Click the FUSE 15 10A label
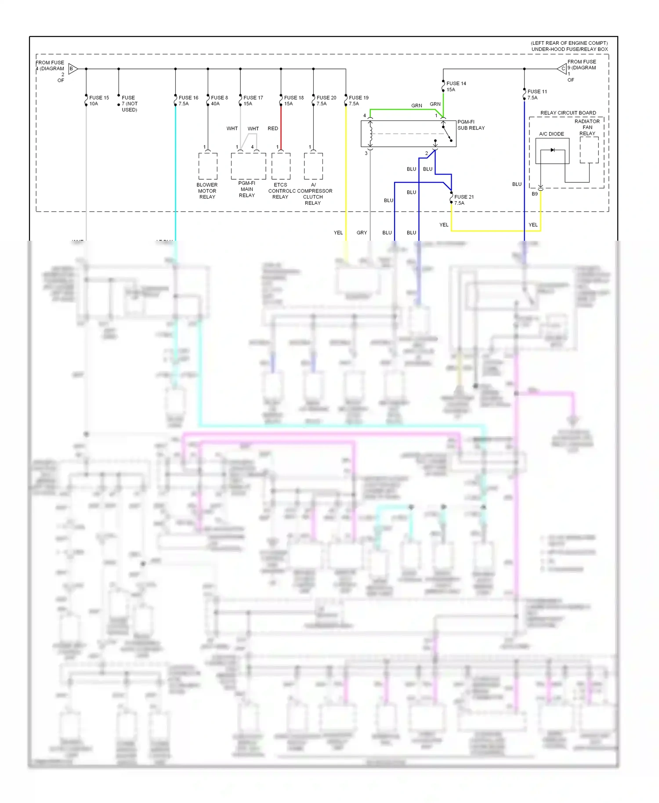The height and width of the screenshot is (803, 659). [x=99, y=101]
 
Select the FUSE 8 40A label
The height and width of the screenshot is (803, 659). [x=219, y=101]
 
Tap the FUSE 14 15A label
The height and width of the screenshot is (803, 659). [x=456, y=87]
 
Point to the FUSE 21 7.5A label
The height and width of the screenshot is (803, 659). [x=463, y=200]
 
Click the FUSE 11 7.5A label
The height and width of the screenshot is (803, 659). [x=537, y=94]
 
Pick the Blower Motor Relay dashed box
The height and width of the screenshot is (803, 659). [x=208, y=166]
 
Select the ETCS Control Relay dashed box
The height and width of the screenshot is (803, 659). [x=281, y=166]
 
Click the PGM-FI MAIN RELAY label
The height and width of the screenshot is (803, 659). [x=247, y=189]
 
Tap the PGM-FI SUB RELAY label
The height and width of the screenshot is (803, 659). [x=471, y=125]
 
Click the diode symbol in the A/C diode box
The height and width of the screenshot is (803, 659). [x=552, y=150]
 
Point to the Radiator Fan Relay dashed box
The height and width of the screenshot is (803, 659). [x=589, y=150]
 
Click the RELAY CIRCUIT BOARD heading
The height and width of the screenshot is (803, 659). [x=568, y=113]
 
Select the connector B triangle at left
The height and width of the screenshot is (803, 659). [x=73, y=69]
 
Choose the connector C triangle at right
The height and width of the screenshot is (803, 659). [x=562, y=69]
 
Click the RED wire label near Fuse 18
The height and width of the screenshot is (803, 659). [x=273, y=129]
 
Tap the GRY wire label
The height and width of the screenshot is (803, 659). [x=362, y=233]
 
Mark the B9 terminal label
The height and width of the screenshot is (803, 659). [x=535, y=194]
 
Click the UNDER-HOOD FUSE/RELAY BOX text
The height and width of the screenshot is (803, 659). [x=569, y=49]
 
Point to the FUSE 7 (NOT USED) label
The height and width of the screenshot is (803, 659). [x=129, y=104]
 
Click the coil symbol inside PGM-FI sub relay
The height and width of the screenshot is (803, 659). [x=370, y=133]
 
